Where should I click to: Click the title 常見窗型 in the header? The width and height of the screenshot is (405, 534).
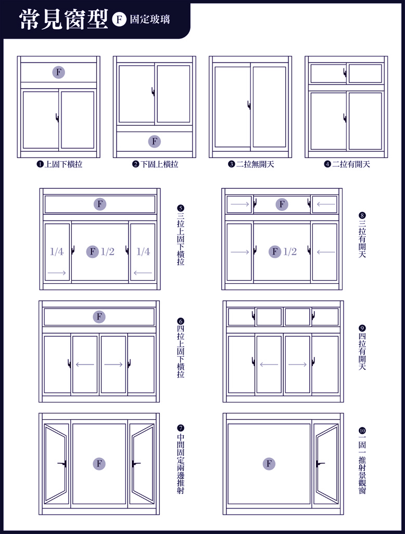pos(64,19)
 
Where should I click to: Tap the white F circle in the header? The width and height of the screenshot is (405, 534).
pos(119,19)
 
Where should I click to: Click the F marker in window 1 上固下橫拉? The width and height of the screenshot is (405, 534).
pos(58,72)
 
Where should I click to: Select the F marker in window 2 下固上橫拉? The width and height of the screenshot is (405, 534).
pos(155,141)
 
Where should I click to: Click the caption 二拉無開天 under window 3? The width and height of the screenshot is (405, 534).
pos(255,164)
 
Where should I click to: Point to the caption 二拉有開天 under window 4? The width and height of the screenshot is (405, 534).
pos(351,164)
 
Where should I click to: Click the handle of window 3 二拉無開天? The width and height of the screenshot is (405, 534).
pos(249,105)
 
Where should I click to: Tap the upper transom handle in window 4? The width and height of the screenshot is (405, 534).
pos(345,72)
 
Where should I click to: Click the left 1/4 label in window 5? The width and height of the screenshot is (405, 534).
pos(56,252)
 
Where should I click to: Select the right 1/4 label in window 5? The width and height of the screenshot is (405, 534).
pos(143,252)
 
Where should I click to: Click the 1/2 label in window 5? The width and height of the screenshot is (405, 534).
pos(107,252)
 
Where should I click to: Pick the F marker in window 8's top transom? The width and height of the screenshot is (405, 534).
pos(282,204)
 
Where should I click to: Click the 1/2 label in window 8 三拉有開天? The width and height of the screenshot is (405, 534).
pos(290,252)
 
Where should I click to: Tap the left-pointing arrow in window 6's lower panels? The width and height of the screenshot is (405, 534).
pos(85,365)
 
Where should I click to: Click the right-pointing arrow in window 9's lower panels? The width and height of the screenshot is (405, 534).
pos(298,365)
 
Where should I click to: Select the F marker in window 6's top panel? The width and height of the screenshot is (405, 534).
pos(99,317)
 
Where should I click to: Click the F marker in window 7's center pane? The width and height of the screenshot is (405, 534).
pos(99,464)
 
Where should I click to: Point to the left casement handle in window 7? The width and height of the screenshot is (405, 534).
pos(62,464)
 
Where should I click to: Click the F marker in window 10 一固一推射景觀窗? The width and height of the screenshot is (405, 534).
pos(269,464)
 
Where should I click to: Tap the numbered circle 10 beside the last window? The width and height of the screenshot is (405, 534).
pos(362,430)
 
